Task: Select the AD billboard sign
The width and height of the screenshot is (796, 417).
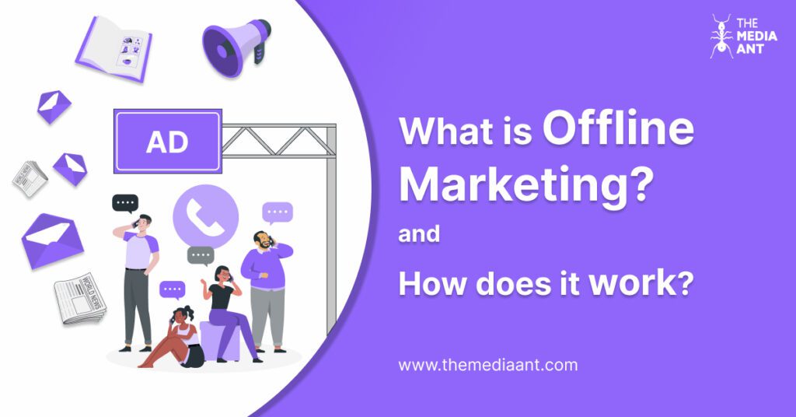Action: click(168, 142)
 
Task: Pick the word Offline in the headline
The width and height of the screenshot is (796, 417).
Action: click(618, 129)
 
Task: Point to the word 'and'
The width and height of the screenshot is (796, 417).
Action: click(419, 234)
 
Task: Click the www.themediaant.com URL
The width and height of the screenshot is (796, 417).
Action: click(487, 364)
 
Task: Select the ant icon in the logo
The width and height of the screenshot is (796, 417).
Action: click(721, 36)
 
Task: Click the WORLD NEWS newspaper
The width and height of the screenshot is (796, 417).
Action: click(79, 297)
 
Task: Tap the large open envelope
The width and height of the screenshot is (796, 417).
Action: click(51, 239)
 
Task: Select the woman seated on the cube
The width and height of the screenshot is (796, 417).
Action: click(225, 307)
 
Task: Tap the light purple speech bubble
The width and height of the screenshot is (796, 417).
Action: click(278, 212)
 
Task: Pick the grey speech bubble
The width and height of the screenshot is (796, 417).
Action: click(201, 255)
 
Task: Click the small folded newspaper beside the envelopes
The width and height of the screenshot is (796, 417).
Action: click(29, 178)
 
